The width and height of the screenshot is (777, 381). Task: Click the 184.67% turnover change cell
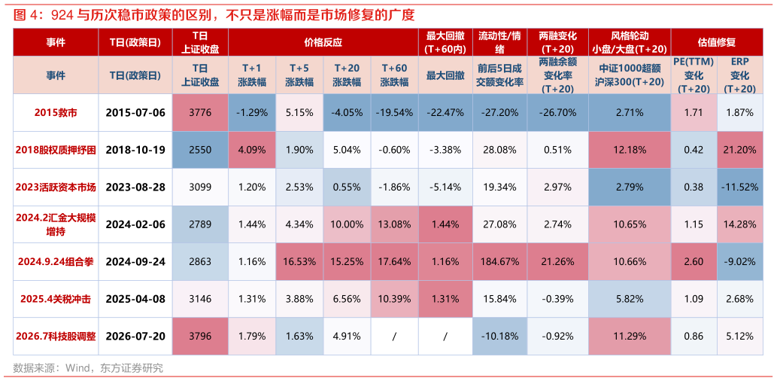point(499,261)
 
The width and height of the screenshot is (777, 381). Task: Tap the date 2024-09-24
point(135,261)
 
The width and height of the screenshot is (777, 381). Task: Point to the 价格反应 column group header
point(323,42)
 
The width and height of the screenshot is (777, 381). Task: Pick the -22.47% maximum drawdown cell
point(445,112)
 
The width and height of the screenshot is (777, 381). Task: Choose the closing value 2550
point(200,149)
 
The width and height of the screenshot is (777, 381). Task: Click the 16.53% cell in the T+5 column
point(299,261)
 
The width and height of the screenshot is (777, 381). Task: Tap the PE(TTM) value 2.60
point(694,261)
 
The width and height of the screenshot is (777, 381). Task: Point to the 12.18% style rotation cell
point(630,149)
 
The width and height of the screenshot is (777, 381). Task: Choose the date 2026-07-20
point(135,336)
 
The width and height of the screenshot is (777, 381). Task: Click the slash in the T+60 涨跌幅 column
point(394,336)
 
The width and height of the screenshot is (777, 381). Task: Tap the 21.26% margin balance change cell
point(557,261)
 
